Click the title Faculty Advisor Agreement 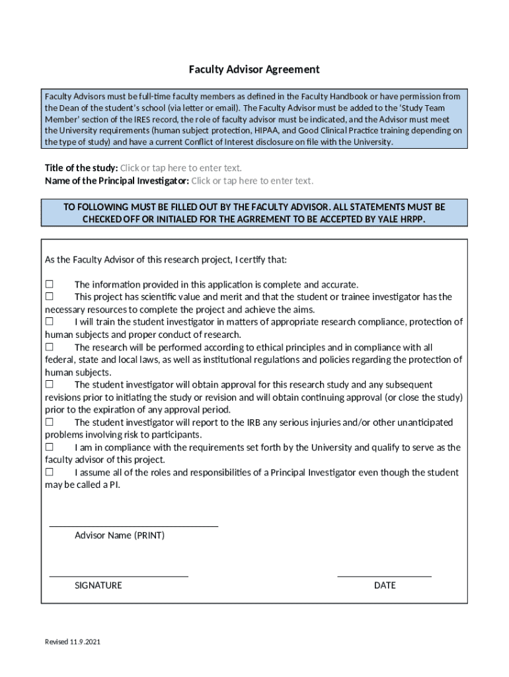[x=255, y=69]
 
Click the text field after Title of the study [x=180, y=168]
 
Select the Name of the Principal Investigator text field [x=252, y=180]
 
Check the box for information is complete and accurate [x=49, y=284]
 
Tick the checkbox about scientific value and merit [x=49, y=297]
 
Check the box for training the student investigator [x=49, y=322]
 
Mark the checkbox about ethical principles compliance [x=49, y=347]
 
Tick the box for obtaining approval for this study [x=49, y=384]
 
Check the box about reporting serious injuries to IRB [x=49, y=422]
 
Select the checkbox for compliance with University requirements [x=49, y=448]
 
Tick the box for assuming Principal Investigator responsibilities [x=49, y=472]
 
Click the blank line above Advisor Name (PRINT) [x=134, y=526]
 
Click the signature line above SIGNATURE [x=118, y=576]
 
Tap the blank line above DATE [x=384, y=576]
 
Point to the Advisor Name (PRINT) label [x=120, y=536]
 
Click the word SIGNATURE [x=98, y=586]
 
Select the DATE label [x=385, y=586]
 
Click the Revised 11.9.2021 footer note [x=73, y=642]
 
